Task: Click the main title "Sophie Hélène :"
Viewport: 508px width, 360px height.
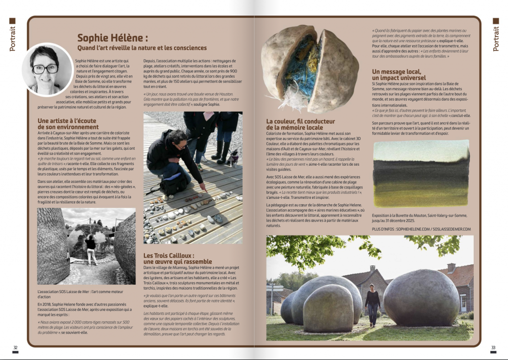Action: click(113, 38)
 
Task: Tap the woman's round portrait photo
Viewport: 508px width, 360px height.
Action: click(47, 69)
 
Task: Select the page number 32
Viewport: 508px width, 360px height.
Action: click(16, 347)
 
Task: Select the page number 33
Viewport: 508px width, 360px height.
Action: click(493, 347)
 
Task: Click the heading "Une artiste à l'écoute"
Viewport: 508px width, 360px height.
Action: click(68, 120)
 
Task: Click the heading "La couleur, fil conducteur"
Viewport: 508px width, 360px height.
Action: click(301, 121)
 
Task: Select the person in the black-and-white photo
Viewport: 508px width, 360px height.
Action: click(90, 249)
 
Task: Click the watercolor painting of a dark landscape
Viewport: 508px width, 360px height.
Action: click(421, 173)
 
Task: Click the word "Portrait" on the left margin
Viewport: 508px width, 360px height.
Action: click(12, 39)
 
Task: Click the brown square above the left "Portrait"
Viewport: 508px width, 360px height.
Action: click(12, 21)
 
